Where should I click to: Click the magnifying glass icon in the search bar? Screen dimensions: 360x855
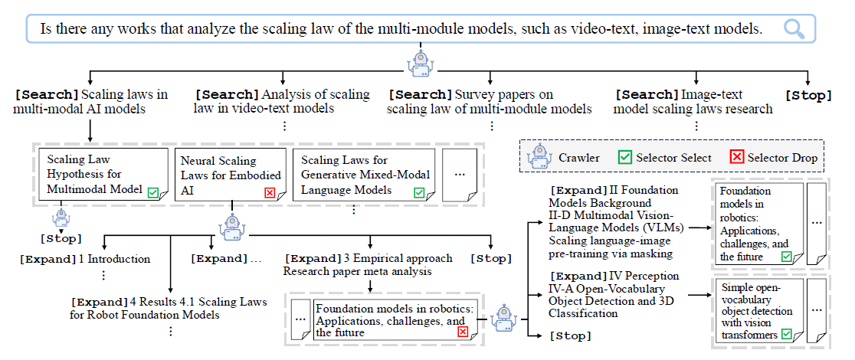tap(794, 29)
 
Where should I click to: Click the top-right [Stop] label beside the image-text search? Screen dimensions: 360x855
tap(809, 95)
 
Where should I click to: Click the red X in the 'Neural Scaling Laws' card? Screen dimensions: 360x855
tap(269, 192)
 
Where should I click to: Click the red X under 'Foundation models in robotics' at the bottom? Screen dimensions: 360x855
tap(462, 332)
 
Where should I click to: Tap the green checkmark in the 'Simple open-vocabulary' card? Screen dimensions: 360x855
tap(787, 334)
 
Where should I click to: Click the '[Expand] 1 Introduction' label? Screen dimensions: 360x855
tap(84, 259)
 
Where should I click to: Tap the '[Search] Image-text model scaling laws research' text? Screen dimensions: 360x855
tap(694, 102)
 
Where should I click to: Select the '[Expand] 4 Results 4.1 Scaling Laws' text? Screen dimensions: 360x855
tap(169, 308)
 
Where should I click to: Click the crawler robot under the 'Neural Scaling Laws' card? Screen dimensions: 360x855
tap(231, 224)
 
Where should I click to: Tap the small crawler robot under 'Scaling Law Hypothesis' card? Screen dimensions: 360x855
tap(61, 218)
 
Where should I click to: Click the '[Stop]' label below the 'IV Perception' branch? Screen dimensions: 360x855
tap(570, 335)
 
